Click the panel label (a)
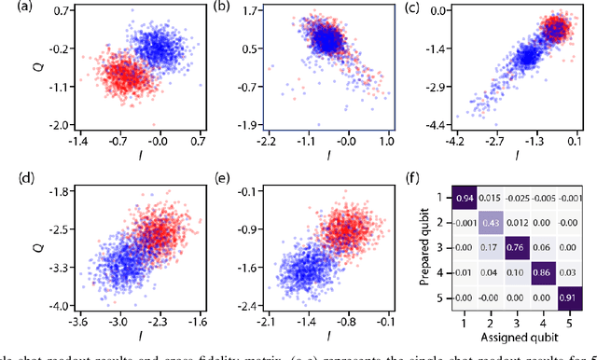[x=13, y=7]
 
